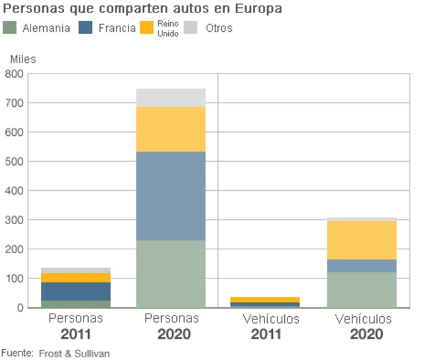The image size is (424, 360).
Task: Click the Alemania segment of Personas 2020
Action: coord(171,273)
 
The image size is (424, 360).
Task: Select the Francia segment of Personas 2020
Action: coord(171,196)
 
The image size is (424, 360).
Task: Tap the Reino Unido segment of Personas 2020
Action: coord(171,129)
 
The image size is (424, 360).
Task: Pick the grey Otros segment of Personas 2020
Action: coord(171,97)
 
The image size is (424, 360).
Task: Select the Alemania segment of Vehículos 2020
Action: coord(362,289)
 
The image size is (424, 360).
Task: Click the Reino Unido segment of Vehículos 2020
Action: coord(362,240)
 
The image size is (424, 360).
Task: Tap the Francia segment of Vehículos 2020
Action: coord(362,265)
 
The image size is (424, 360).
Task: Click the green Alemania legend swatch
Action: coord(10,28)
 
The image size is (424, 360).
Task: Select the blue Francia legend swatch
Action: coord(85,28)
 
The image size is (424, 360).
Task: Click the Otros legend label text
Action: coord(219,29)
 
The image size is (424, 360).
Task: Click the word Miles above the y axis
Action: coord(23,59)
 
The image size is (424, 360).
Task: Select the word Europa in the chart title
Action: coord(258,9)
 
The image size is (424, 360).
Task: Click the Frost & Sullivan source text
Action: coord(74,353)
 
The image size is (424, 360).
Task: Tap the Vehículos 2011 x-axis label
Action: coord(270,326)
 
